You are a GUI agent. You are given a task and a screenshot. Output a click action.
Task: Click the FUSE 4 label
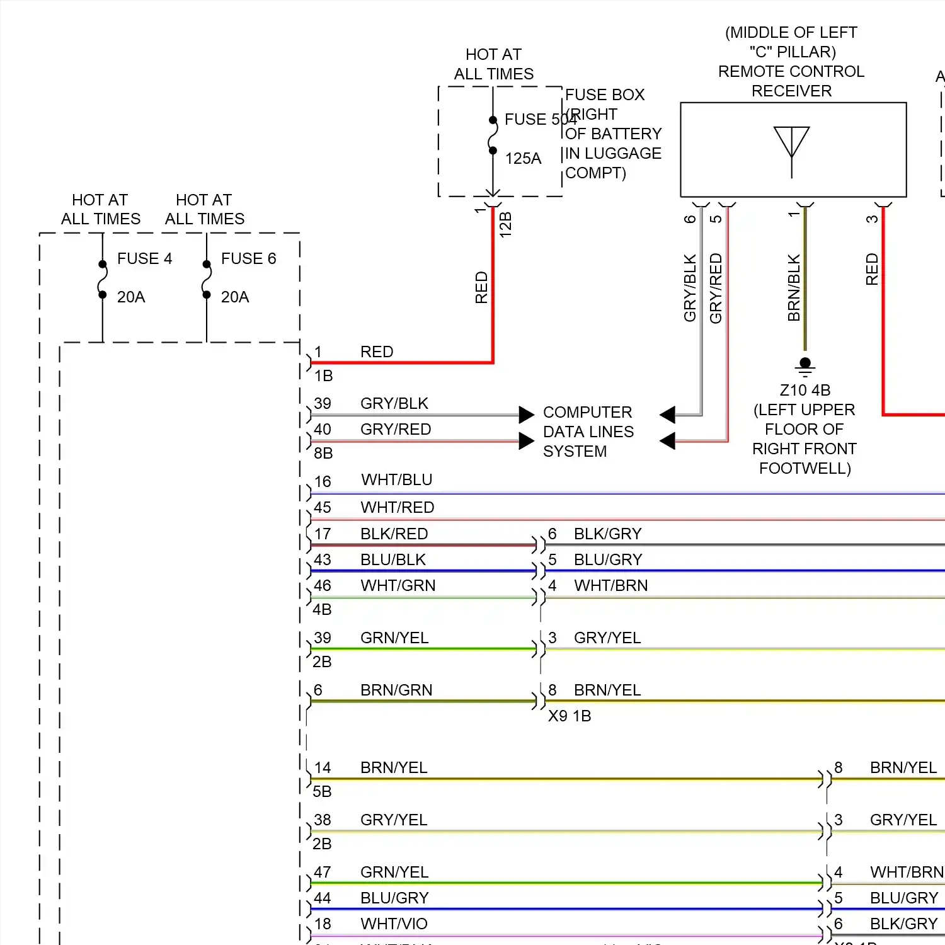(x=144, y=259)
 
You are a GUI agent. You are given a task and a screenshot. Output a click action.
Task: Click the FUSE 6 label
(x=248, y=259)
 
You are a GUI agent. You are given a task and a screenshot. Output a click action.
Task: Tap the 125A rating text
(x=523, y=159)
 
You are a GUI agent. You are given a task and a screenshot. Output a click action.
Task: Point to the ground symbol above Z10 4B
(x=805, y=366)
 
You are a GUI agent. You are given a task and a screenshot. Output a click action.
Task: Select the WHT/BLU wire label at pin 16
(x=397, y=480)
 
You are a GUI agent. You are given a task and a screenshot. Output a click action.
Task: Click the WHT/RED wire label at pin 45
(x=397, y=507)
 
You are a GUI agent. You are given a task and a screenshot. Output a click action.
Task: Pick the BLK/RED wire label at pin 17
(x=394, y=534)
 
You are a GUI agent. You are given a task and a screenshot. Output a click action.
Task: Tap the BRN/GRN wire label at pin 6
(x=396, y=690)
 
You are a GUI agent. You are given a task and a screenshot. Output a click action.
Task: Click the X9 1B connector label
(x=570, y=716)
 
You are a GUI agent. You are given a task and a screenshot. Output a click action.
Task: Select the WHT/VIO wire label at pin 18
(x=394, y=924)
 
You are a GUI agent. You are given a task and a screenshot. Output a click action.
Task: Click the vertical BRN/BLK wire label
(x=794, y=287)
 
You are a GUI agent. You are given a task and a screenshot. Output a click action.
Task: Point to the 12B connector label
(x=505, y=225)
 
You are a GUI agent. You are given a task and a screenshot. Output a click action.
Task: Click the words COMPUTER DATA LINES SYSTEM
(x=588, y=432)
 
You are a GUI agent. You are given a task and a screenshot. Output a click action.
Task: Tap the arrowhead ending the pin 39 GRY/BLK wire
(x=527, y=415)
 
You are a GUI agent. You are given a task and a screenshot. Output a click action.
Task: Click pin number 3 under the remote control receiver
(x=872, y=219)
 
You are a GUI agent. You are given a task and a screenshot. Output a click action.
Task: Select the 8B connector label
(x=323, y=454)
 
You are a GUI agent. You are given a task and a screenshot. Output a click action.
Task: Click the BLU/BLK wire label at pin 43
(x=393, y=560)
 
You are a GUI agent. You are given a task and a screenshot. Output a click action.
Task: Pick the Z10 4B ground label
(x=805, y=391)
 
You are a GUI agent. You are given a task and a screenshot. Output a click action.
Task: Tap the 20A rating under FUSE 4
(x=131, y=297)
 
